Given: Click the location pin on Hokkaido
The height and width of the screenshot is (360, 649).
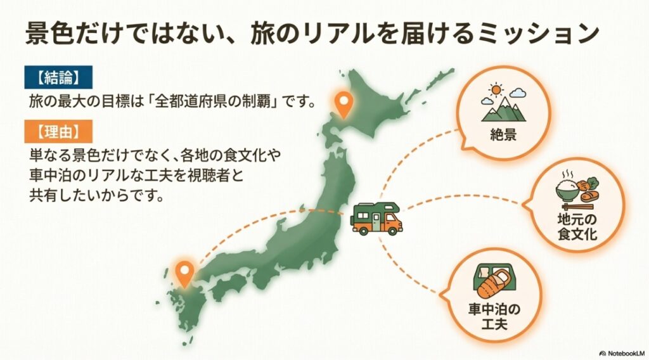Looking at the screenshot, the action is tap(343, 105).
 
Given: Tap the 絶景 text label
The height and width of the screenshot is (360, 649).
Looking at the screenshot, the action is tap(504, 135).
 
